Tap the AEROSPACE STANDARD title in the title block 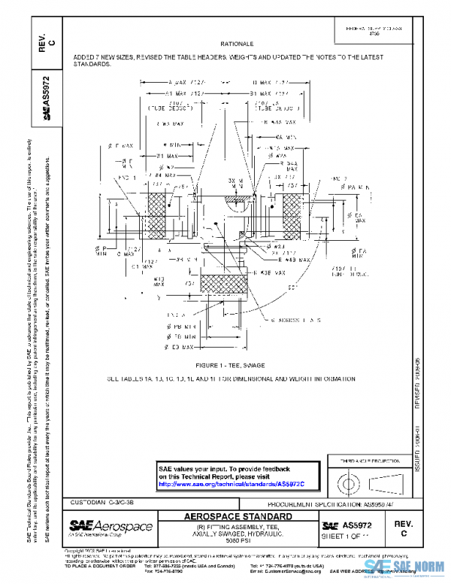238,517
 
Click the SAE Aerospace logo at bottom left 110,526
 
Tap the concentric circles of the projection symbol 348,482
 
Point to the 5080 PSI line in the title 238,543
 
